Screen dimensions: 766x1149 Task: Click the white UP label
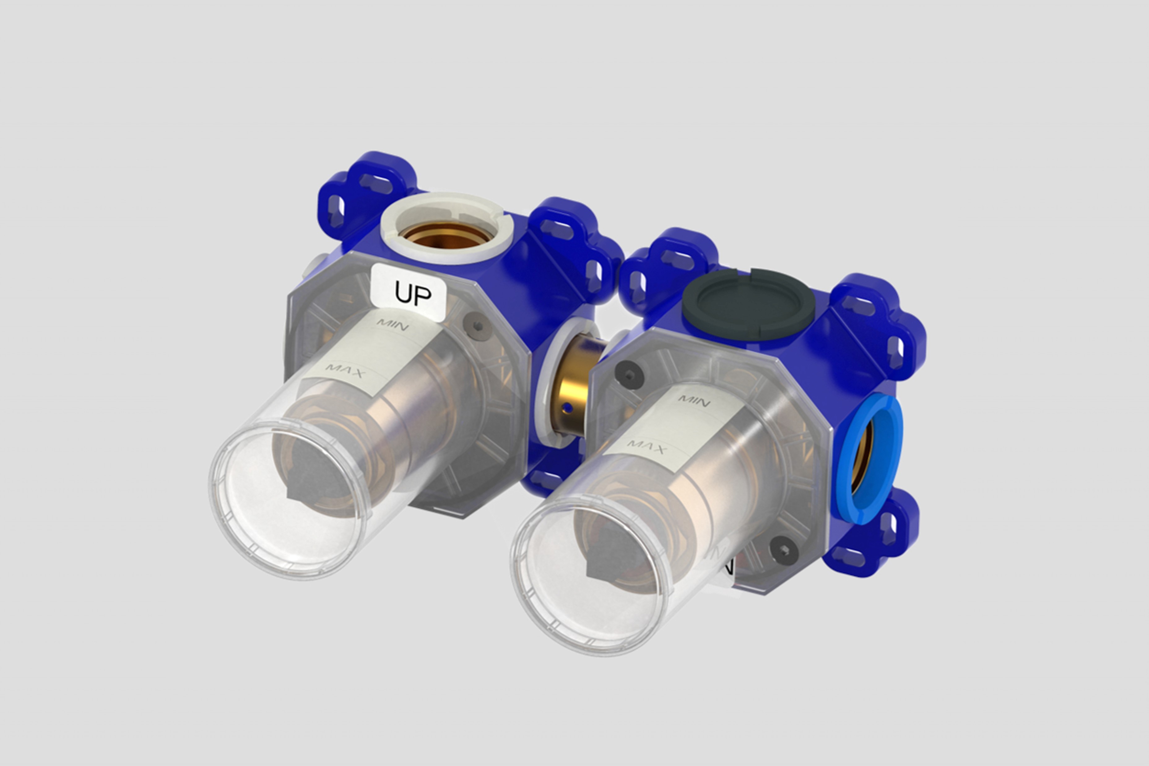410,293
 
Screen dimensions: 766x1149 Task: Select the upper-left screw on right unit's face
629,374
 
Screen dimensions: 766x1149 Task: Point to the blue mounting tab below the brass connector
546,479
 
